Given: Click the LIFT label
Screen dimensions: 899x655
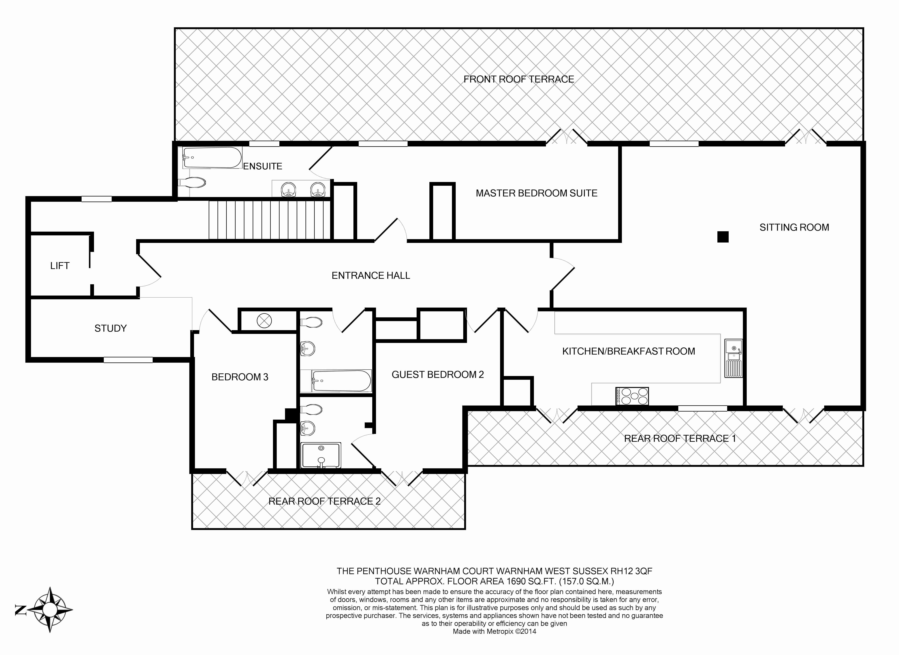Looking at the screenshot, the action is click(60, 266).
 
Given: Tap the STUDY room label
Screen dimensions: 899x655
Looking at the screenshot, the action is click(111, 328).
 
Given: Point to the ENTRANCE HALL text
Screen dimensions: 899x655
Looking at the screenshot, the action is click(371, 276).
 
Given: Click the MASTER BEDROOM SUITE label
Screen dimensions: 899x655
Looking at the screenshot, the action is click(536, 193).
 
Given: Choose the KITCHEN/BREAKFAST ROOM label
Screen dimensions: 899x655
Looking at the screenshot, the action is click(628, 351).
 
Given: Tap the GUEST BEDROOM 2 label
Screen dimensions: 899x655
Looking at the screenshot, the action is click(438, 375).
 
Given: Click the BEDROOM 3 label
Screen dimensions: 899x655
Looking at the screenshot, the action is click(240, 377).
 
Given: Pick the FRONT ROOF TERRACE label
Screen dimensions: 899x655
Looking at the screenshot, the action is click(518, 79).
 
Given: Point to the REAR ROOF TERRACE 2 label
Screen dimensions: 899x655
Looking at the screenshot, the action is click(324, 502).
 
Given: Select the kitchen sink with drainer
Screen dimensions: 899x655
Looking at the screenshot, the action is click(733, 358).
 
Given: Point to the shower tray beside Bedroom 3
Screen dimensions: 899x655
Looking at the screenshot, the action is click(321, 456).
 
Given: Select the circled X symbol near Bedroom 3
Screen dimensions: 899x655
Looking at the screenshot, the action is click(264, 320).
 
